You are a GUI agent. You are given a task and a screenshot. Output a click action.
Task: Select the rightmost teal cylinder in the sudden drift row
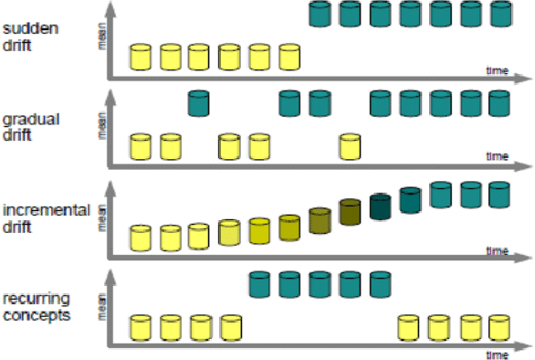(499, 14)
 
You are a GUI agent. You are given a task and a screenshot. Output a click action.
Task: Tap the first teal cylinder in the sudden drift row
(320, 14)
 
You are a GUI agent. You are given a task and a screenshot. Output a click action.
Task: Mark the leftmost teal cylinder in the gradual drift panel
(199, 102)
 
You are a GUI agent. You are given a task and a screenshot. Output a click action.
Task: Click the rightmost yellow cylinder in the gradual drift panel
(350, 146)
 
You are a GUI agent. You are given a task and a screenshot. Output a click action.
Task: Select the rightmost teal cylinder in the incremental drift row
(499, 194)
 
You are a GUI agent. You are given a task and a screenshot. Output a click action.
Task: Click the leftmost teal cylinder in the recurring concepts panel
(261, 285)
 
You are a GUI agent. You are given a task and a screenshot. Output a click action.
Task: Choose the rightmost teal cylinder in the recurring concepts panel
(381, 285)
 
